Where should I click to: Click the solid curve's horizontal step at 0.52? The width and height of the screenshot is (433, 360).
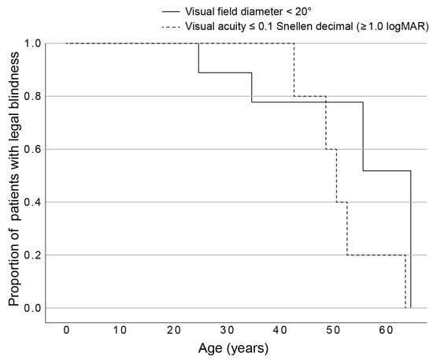tap(387, 171)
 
